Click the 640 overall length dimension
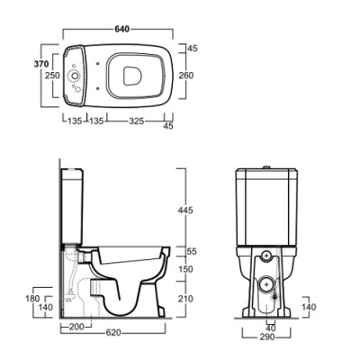(x=122, y=29)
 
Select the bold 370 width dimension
(x=40, y=64)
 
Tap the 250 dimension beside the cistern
(x=52, y=76)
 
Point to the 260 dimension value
(x=186, y=76)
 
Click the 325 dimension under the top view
(x=137, y=121)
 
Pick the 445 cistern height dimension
(x=185, y=211)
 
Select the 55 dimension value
(x=192, y=251)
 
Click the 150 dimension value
(x=185, y=269)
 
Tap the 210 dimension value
(x=185, y=299)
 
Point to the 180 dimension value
(x=32, y=299)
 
